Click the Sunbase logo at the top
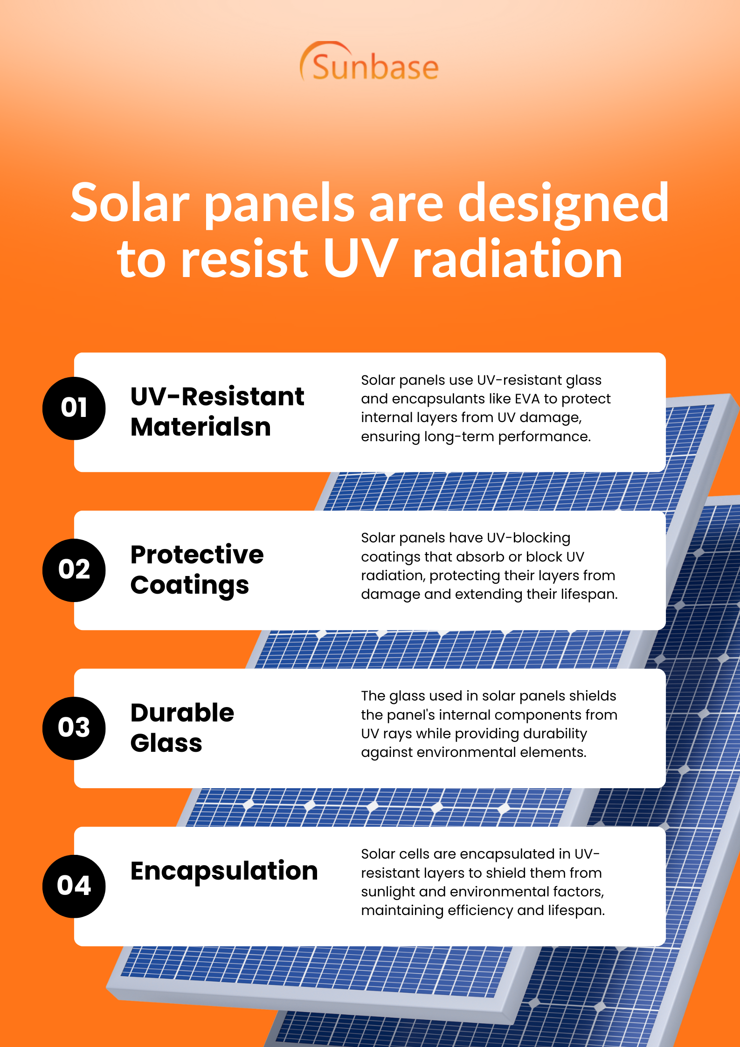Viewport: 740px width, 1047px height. (x=370, y=63)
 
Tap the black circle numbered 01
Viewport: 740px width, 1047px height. (x=74, y=408)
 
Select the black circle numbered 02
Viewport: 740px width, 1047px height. (x=74, y=570)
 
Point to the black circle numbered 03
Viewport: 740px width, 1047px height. (x=74, y=728)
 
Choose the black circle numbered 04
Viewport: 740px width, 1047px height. (x=74, y=886)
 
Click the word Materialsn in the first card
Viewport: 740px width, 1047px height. (x=201, y=427)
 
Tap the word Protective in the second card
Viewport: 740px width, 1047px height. (x=197, y=555)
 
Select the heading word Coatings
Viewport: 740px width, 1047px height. (x=189, y=586)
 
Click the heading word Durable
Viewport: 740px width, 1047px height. (x=182, y=713)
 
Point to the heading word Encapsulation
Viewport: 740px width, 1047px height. (x=224, y=871)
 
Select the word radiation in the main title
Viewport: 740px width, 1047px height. (x=518, y=258)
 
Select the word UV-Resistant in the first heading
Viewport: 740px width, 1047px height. (x=217, y=397)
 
